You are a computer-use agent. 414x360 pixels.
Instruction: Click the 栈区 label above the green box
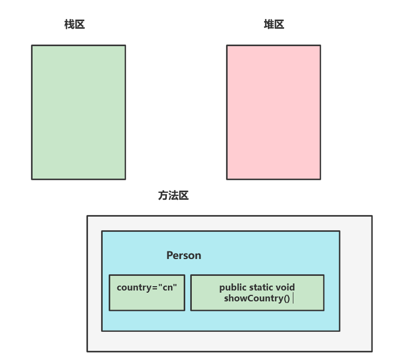(74, 24)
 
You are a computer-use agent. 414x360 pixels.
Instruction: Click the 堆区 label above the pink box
(274, 24)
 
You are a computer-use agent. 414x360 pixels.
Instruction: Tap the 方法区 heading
(173, 196)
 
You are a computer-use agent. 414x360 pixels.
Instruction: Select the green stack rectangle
(79, 112)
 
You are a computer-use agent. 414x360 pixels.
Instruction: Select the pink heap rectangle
(273, 112)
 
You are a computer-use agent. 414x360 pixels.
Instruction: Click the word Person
(184, 255)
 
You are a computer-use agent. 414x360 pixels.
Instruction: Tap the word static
(262, 287)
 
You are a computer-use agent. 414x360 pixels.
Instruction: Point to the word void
(286, 287)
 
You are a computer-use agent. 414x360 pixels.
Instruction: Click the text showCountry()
(256, 298)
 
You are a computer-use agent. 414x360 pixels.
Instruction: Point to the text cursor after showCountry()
(293, 298)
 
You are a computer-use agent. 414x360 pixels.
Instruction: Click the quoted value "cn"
(168, 287)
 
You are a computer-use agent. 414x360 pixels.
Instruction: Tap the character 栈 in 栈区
(69, 24)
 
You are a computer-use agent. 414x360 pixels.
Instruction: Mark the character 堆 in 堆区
(268, 24)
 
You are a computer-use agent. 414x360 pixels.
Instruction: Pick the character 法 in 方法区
(173, 196)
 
